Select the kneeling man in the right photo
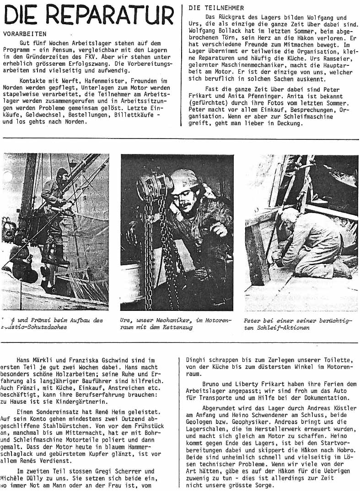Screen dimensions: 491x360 [311, 242]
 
